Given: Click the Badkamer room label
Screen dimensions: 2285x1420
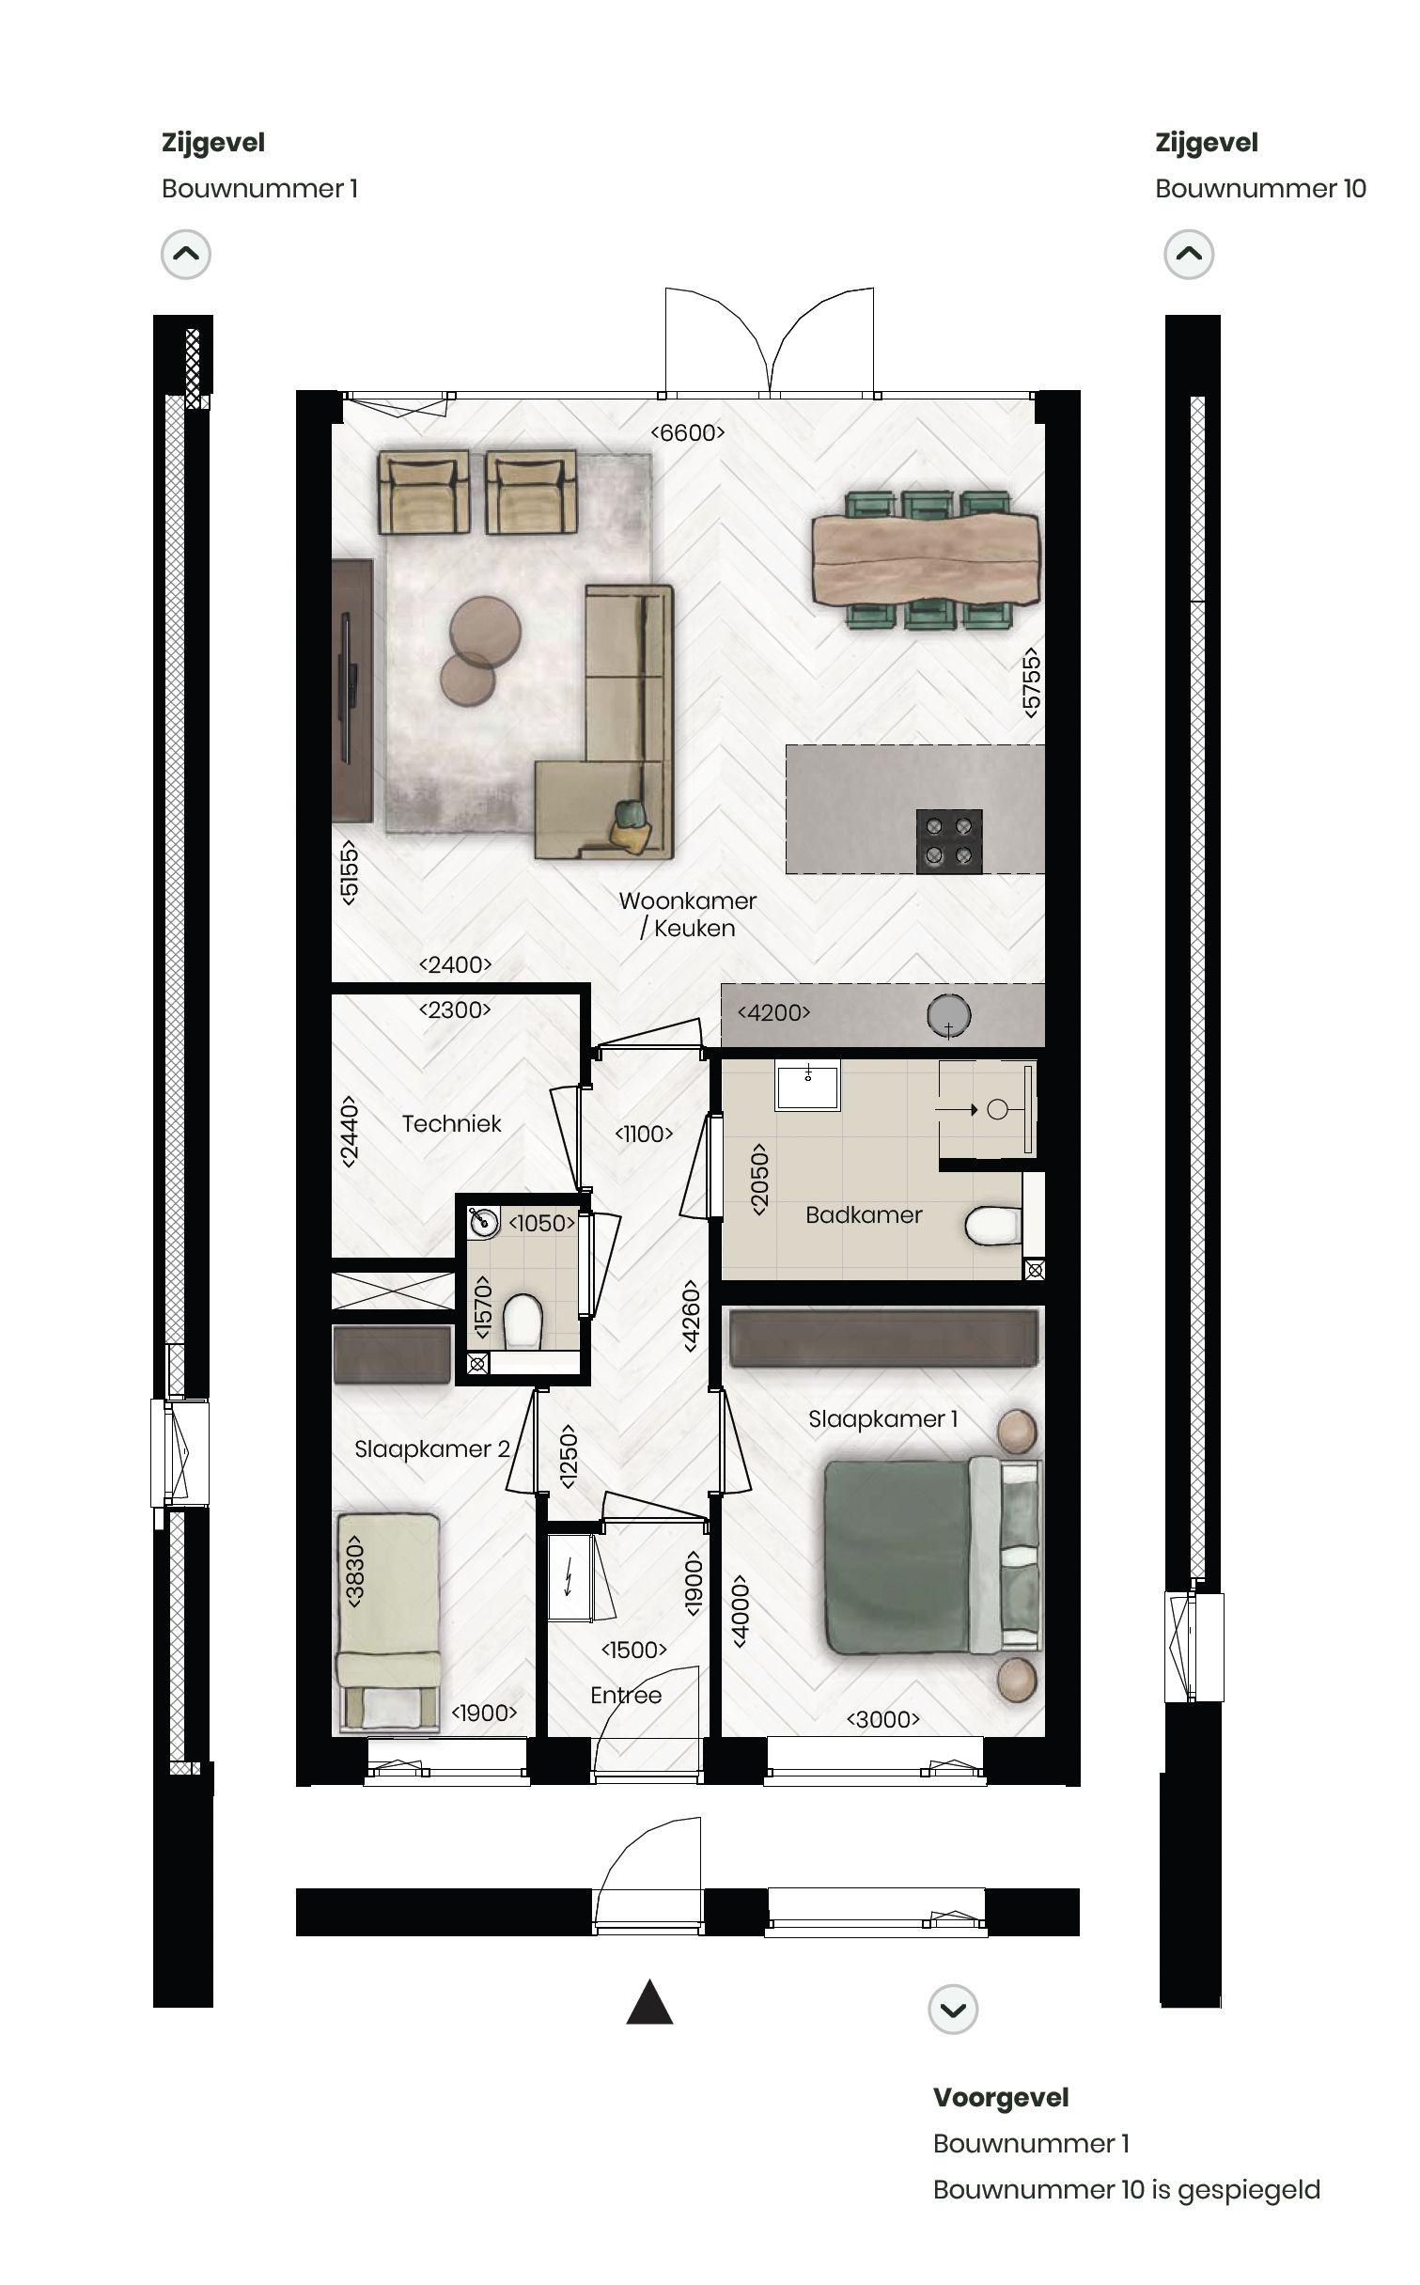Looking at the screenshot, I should [863, 1214].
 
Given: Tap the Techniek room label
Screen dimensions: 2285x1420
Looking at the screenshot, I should [451, 1123].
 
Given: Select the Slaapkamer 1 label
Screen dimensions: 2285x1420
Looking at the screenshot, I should [882, 1418].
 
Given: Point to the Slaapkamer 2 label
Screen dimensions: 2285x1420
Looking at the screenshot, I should [431, 1448].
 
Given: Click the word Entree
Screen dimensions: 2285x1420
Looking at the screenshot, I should [626, 1695].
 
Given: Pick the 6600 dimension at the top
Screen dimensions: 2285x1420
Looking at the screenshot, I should [688, 432].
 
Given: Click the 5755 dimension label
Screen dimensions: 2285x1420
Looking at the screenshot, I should [1032, 682].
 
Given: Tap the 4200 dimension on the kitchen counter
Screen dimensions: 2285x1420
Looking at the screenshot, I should [773, 1012].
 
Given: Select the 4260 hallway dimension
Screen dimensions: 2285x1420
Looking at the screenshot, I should [691, 1315].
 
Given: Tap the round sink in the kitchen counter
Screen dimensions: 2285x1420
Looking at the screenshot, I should [948, 1015].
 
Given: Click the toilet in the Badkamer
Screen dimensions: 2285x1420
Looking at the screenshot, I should [991, 1226].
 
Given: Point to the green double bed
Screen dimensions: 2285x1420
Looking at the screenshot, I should [930, 1556].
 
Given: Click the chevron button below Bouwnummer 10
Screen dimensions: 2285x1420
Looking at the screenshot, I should [1189, 254].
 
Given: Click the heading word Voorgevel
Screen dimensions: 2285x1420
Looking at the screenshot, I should [1000, 2097].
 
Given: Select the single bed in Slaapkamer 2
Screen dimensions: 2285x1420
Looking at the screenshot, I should [388, 1621].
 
